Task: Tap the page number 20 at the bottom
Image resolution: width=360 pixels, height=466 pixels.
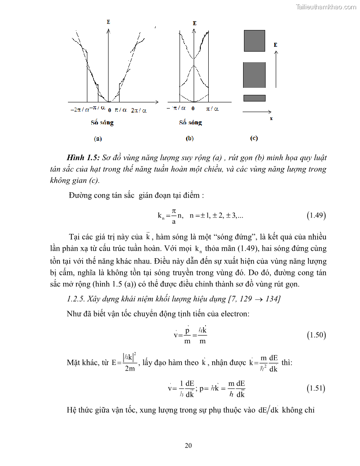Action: tap(188, 445)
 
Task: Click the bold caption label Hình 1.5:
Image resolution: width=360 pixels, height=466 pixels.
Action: tap(84, 158)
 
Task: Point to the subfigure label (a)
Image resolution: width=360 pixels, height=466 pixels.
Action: tap(97, 139)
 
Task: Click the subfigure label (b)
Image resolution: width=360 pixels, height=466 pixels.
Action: tap(190, 139)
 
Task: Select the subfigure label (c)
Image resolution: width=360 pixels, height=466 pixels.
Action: tap(254, 139)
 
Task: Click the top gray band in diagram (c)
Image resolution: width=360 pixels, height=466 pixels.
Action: tap(255, 41)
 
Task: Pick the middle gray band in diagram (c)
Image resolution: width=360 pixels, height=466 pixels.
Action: tap(255, 75)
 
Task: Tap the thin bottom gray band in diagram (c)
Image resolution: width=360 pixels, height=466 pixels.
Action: tap(255, 98)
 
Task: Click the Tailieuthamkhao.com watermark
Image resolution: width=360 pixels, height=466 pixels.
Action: tap(326, 7)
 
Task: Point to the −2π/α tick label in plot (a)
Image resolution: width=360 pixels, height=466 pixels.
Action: tap(80, 109)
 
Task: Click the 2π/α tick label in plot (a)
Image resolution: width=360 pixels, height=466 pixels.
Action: tap(139, 109)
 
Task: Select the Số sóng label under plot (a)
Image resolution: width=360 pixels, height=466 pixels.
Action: tap(99, 123)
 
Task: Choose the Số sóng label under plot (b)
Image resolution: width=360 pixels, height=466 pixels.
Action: tap(191, 123)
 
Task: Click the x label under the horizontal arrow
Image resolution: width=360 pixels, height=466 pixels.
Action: tap(271, 119)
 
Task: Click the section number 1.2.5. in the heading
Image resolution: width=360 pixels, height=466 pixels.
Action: tap(78, 299)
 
